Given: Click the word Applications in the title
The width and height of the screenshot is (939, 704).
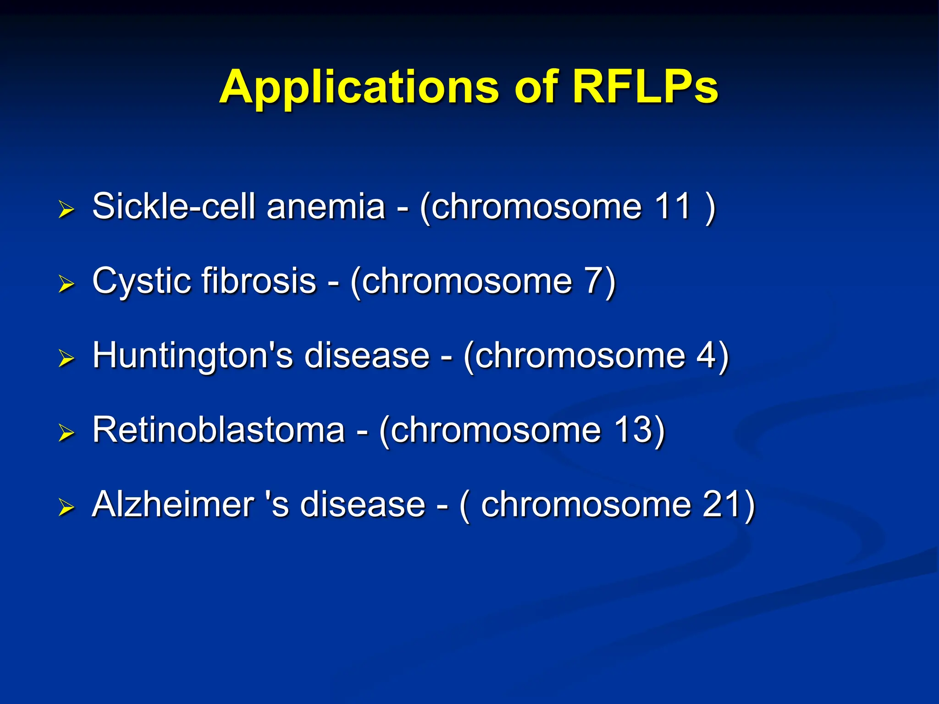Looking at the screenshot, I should (359, 87).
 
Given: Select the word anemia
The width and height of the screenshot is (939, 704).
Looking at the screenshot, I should (326, 207).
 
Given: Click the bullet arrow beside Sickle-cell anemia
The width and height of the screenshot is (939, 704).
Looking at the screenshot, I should (66, 209).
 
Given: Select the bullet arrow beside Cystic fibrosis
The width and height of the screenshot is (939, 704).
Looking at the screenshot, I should (66, 284).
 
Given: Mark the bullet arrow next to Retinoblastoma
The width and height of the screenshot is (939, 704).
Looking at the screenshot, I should (66, 433).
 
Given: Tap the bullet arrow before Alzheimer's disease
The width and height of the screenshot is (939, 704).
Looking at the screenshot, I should (66, 507).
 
